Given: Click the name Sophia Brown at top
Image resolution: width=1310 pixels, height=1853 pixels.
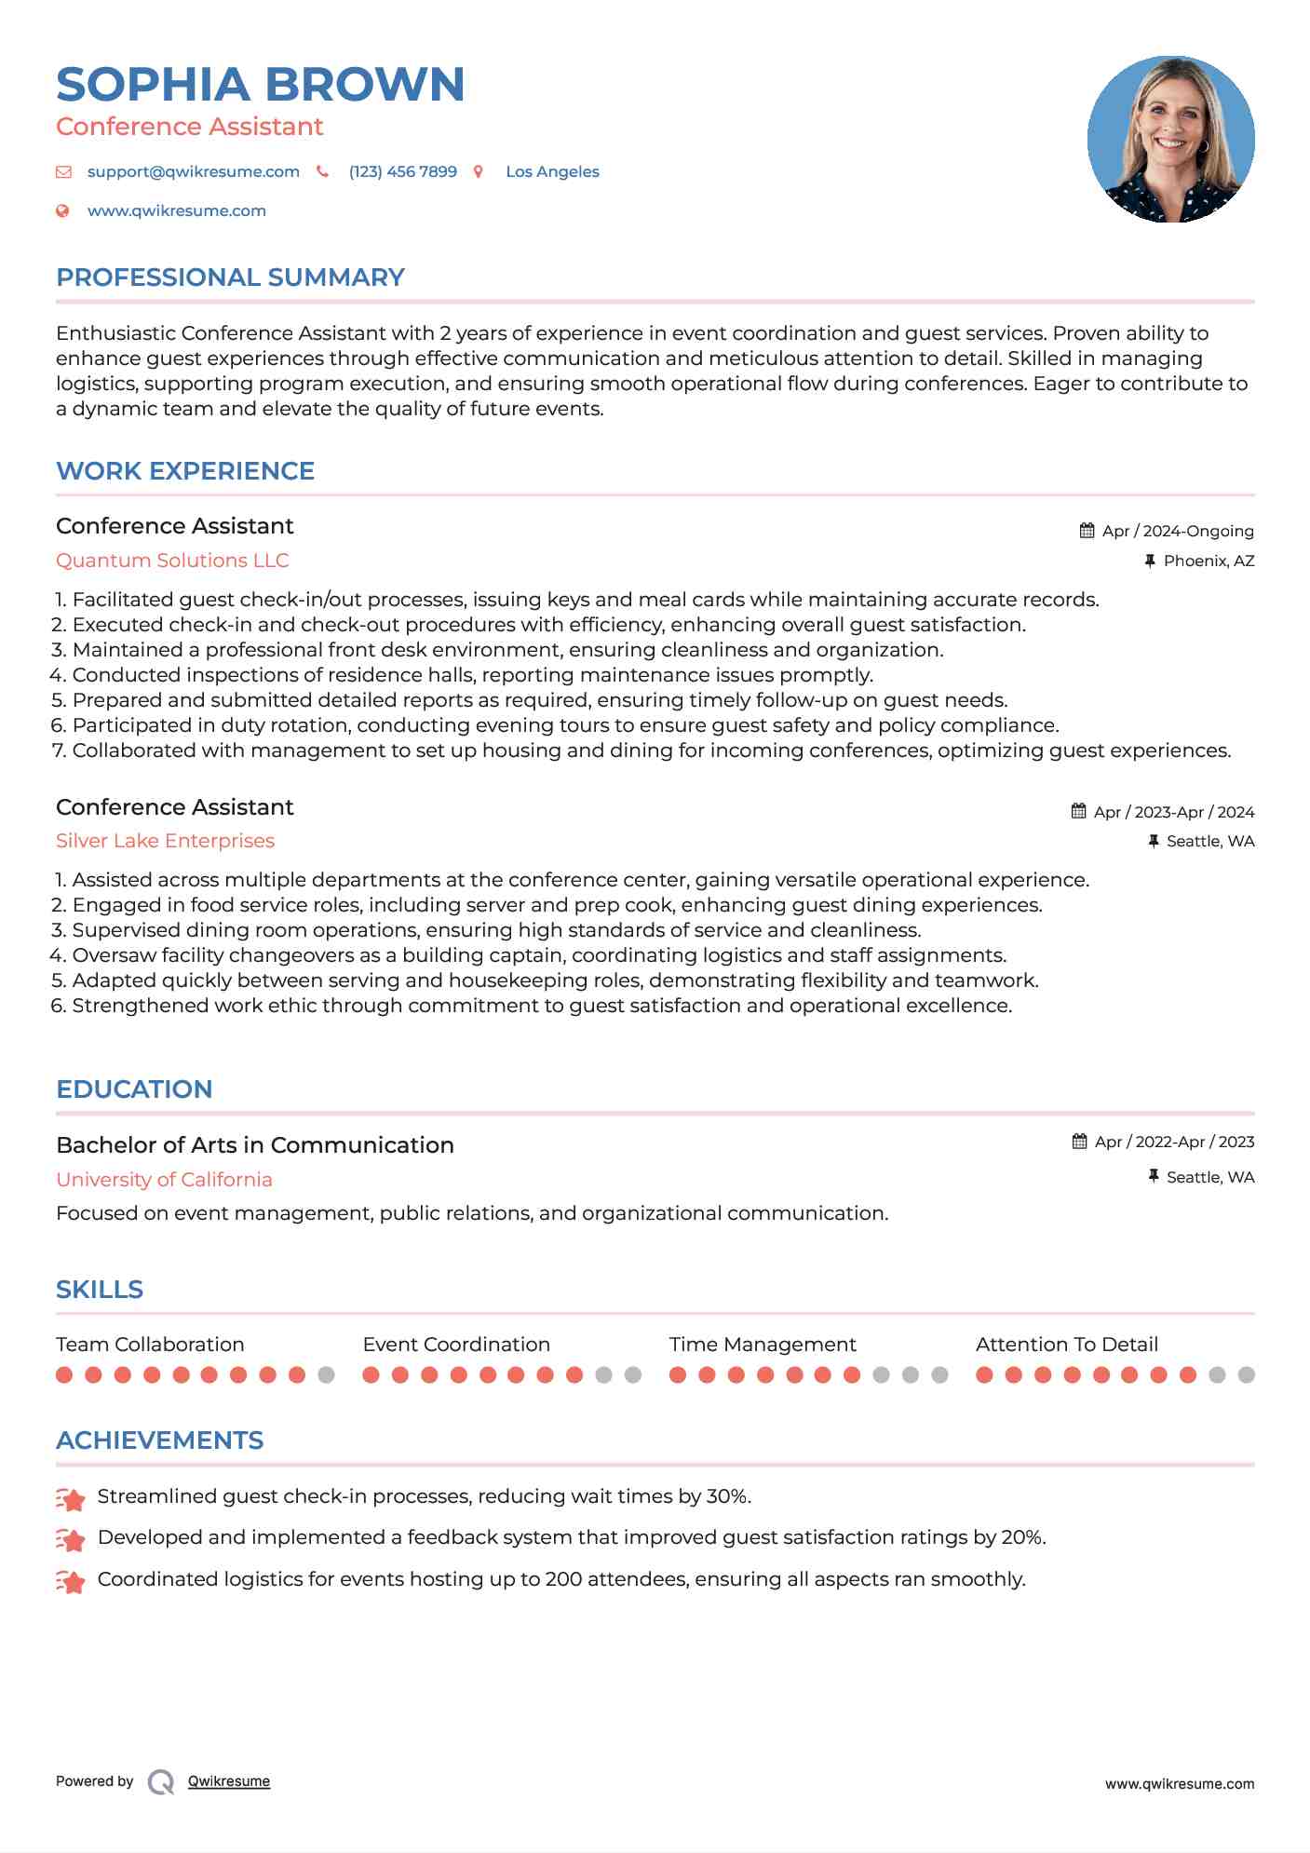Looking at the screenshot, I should point(260,85).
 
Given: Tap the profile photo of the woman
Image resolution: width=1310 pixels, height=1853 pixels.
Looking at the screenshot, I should point(1170,140).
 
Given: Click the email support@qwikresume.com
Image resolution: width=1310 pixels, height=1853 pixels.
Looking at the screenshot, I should point(193,172).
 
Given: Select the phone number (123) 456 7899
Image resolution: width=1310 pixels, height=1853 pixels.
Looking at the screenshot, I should point(402,172).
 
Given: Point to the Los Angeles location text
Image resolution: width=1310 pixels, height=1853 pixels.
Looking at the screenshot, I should point(552,172).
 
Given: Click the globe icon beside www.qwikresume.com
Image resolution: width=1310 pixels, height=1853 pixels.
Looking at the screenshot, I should point(63,211).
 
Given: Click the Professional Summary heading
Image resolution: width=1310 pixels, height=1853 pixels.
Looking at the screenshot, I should point(230,277).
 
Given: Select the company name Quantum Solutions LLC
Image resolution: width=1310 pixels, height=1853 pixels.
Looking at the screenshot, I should point(172,561).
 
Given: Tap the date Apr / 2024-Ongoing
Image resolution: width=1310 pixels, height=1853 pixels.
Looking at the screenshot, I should point(1177,532).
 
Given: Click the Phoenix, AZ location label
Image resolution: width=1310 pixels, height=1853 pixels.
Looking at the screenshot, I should point(1209,561).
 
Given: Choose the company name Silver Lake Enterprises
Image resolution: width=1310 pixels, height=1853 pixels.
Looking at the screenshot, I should point(165,841).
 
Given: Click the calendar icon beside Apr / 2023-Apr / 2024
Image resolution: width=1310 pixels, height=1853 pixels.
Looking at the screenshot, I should point(1078,811).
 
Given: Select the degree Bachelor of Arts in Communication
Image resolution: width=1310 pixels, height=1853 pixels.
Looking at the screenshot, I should point(254,1145).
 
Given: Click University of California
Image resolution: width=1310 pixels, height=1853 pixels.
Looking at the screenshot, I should point(164,1180).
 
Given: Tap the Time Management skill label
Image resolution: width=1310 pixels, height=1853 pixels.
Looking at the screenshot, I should point(762,1345).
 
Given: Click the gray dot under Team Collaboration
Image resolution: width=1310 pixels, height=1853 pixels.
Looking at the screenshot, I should point(326,1375).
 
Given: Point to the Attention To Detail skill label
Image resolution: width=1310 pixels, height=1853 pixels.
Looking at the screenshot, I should point(1066,1345).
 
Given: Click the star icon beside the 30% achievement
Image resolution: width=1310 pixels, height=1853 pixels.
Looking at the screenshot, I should point(71,1498).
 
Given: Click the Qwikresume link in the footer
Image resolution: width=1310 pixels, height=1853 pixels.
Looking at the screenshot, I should point(229,1781).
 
